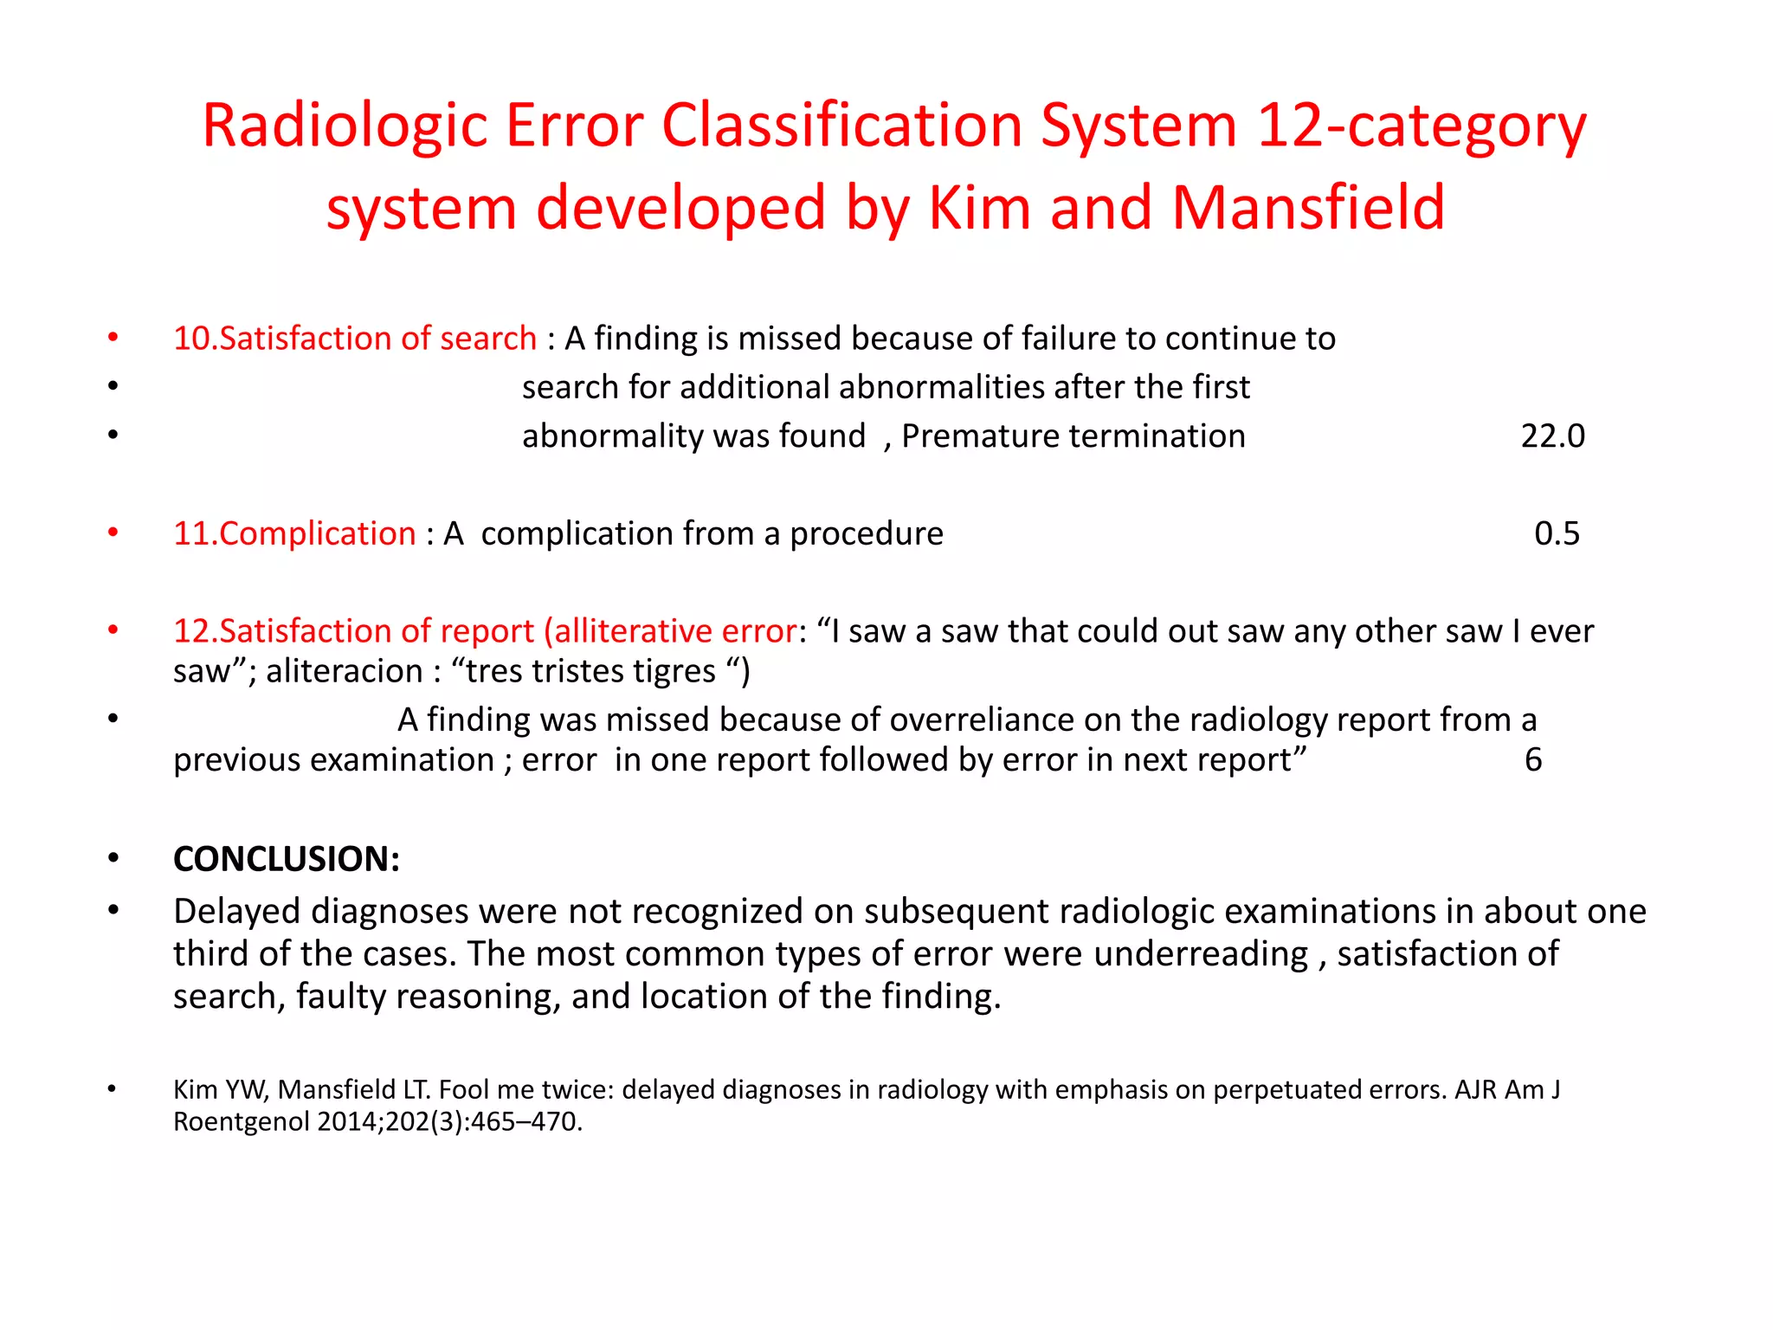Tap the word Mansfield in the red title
tap(1308, 209)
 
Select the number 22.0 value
tap(1552, 436)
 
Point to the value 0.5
tap(1557, 534)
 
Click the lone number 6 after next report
tap(1533, 760)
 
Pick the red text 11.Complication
tap(294, 534)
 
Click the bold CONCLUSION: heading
tap(287, 859)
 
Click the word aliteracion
tap(344, 672)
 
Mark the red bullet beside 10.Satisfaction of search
tap(113, 338)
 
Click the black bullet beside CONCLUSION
tap(113, 859)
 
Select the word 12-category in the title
tap(1422, 127)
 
